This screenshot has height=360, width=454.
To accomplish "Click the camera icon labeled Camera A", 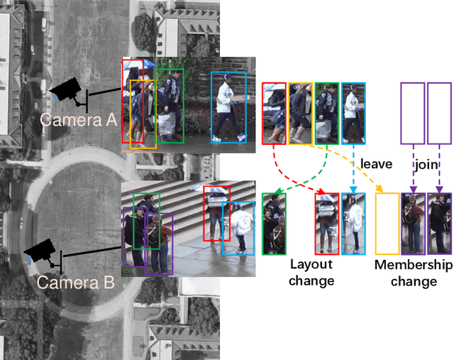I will (x=67, y=90).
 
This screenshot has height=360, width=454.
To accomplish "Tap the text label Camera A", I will (x=78, y=119).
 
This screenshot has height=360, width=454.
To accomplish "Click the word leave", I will (x=375, y=164).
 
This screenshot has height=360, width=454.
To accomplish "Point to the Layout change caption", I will (x=311, y=273).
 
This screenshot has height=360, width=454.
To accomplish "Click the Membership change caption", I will (x=414, y=273).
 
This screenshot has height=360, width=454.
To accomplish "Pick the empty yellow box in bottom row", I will (x=387, y=223).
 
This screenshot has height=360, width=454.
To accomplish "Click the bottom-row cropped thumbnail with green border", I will (x=273, y=223).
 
